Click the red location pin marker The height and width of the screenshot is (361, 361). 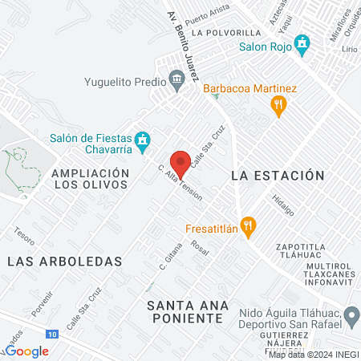[x=181, y=164]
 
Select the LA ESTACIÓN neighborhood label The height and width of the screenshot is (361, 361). [x=277, y=175]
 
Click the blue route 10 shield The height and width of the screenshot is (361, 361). [x=51, y=331]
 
